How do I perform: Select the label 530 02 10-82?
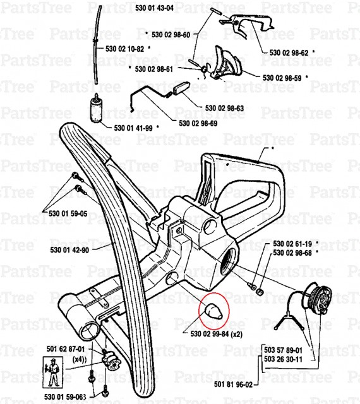125,49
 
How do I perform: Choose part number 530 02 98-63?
225,108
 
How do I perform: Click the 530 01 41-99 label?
133,128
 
